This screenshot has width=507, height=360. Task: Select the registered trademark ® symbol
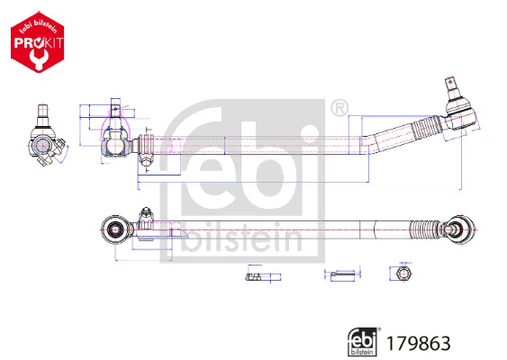point(339,108)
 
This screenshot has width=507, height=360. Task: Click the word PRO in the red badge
point(29,40)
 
